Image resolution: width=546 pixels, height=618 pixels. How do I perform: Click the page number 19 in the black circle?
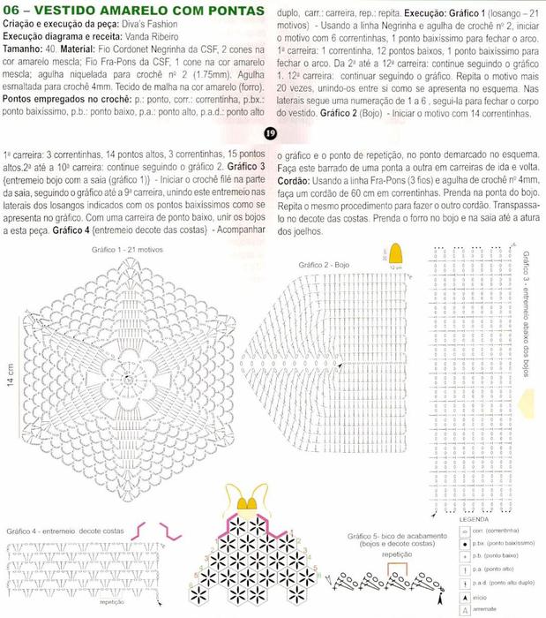[272, 133]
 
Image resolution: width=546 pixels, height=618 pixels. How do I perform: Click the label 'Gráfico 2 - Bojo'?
[325, 264]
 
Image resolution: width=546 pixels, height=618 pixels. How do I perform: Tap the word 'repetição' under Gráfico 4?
[112, 601]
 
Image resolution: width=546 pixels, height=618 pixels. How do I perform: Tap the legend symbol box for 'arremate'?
[465, 610]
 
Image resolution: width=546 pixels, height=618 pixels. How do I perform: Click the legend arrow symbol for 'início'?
[465, 598]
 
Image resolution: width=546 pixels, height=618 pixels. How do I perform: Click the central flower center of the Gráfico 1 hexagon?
[128, 378]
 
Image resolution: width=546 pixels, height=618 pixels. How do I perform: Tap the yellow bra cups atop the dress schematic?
[251, 502]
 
